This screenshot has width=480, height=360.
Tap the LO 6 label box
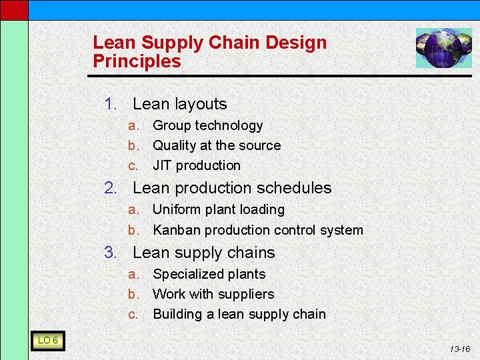click(47, 341)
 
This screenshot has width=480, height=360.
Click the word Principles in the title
click(137, 62)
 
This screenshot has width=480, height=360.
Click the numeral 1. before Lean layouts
click(111, 104)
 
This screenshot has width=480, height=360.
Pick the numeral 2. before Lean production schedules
click(111, 189)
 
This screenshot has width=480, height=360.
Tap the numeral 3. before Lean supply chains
click(111, 253)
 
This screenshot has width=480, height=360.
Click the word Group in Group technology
click(171, 126)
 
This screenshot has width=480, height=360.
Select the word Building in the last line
click(176, 315)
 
